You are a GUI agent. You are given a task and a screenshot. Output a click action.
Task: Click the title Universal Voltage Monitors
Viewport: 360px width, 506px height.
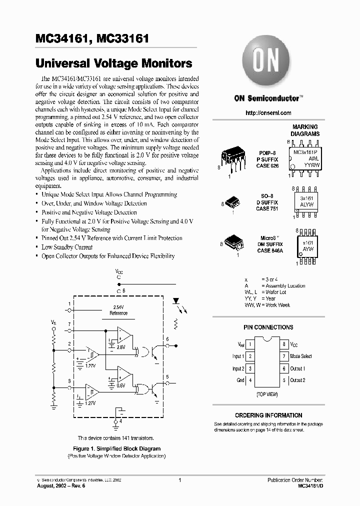[x=114, y=63]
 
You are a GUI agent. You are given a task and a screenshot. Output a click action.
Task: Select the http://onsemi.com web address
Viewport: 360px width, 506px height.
[x=268, y=113]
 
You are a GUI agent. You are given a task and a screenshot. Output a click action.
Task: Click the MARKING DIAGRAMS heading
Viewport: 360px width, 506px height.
[x=305, y=130]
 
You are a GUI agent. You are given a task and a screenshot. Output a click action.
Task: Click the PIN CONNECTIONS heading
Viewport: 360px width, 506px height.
[x=268, y=327]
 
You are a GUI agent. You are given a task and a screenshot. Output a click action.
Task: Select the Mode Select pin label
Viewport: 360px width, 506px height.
[x=301, y=356]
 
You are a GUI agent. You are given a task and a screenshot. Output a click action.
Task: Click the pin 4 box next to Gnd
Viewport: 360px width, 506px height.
[x=250, y=380]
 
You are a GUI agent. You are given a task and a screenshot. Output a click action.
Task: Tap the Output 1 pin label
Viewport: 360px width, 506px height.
[x=297, y=368]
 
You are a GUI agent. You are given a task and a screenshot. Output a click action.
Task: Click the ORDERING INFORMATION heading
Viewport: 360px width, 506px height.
[x=268, y=415]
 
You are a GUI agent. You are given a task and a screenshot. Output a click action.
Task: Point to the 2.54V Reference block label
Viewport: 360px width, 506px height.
[x=118, y=310]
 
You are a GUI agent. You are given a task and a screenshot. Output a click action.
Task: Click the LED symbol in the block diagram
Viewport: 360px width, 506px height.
[x=176, y=302]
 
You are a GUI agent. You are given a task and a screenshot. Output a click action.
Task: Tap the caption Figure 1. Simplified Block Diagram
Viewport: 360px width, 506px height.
[x=116, y=449]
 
